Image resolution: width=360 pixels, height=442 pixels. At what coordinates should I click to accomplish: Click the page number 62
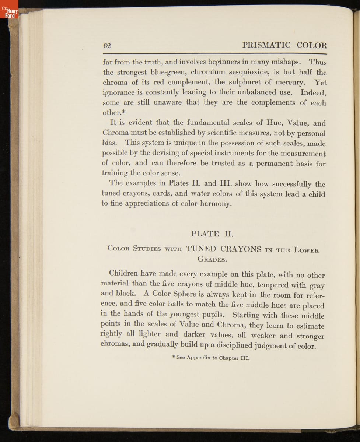pos(107,46)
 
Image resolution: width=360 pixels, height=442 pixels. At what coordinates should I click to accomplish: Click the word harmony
pos(216,203)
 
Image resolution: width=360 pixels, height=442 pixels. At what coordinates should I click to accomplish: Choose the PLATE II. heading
pos(212,234)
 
